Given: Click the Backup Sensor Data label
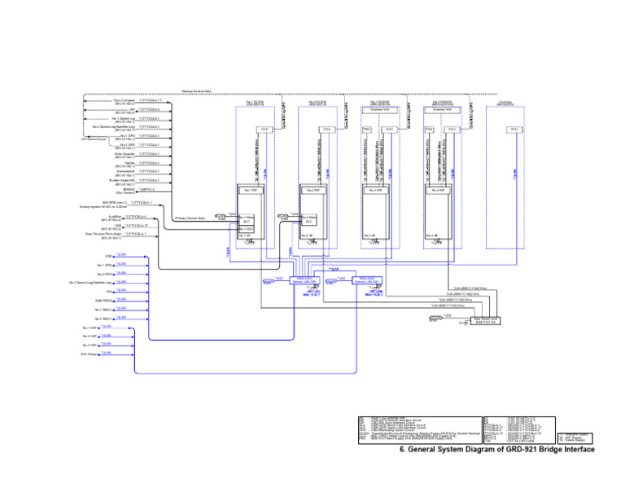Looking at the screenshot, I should pos(196,91).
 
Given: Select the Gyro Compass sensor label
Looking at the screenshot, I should pos(125,99).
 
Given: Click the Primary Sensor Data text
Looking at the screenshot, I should pos(190,218).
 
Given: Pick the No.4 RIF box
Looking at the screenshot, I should pos(439,190).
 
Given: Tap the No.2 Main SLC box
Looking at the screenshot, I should pos(308,218).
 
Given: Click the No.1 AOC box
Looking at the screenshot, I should pos(246,229).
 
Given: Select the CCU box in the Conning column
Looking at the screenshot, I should pos(514,129).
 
